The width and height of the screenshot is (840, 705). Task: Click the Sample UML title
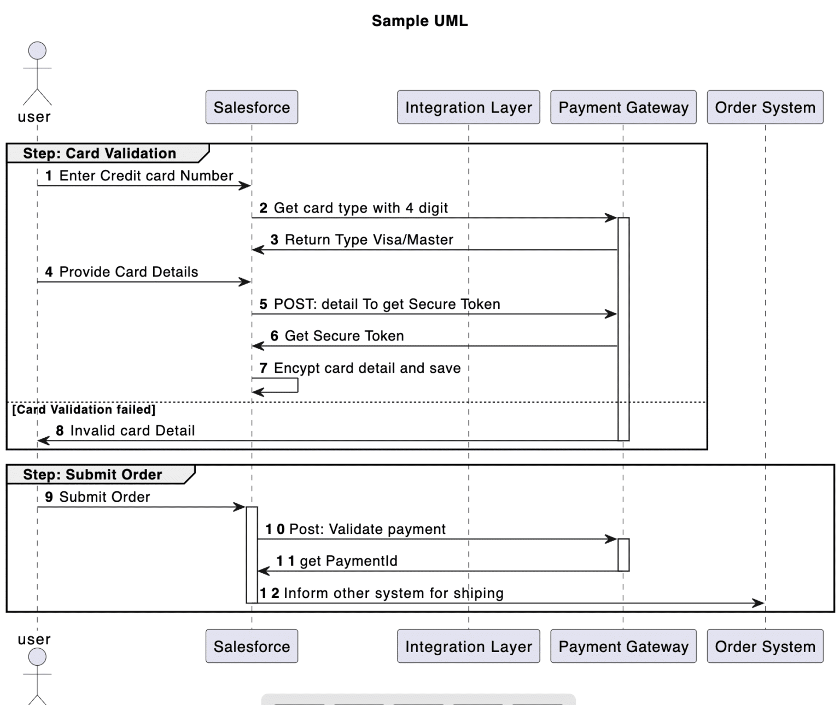[x=419, y=21]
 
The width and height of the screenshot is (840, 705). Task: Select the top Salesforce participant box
[x=252, y=107]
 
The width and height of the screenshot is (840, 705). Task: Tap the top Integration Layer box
[x=468, y=107]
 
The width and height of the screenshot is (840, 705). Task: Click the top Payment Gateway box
[x=623, y=107]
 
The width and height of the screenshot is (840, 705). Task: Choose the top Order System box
[x=765, y=107]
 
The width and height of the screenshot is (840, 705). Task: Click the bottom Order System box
[x=765, y=646]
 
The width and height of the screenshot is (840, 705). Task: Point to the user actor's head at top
[x=37, y=51]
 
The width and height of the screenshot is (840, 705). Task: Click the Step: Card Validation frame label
[x=100, y=153]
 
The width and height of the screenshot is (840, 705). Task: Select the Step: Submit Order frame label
[x=92, y=474]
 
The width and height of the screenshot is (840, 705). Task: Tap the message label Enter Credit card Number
[x=146, y=175]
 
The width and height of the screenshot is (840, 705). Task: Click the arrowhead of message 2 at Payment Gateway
[x=611, y=218]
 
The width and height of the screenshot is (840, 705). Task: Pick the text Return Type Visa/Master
[x=369, y=239]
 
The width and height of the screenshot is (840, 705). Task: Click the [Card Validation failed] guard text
[x=84, y=409]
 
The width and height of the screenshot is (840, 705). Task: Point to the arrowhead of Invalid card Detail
[x=44, y=440]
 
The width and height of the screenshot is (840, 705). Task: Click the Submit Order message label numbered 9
[x=104, y=497]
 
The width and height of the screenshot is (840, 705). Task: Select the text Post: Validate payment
[x=367, y=529]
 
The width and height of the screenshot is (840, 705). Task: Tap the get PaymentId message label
[x=348, y=561]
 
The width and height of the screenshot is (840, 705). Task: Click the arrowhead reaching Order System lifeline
[x=759, y=603]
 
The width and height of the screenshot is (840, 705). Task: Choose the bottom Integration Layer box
[x=468, y=646]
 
